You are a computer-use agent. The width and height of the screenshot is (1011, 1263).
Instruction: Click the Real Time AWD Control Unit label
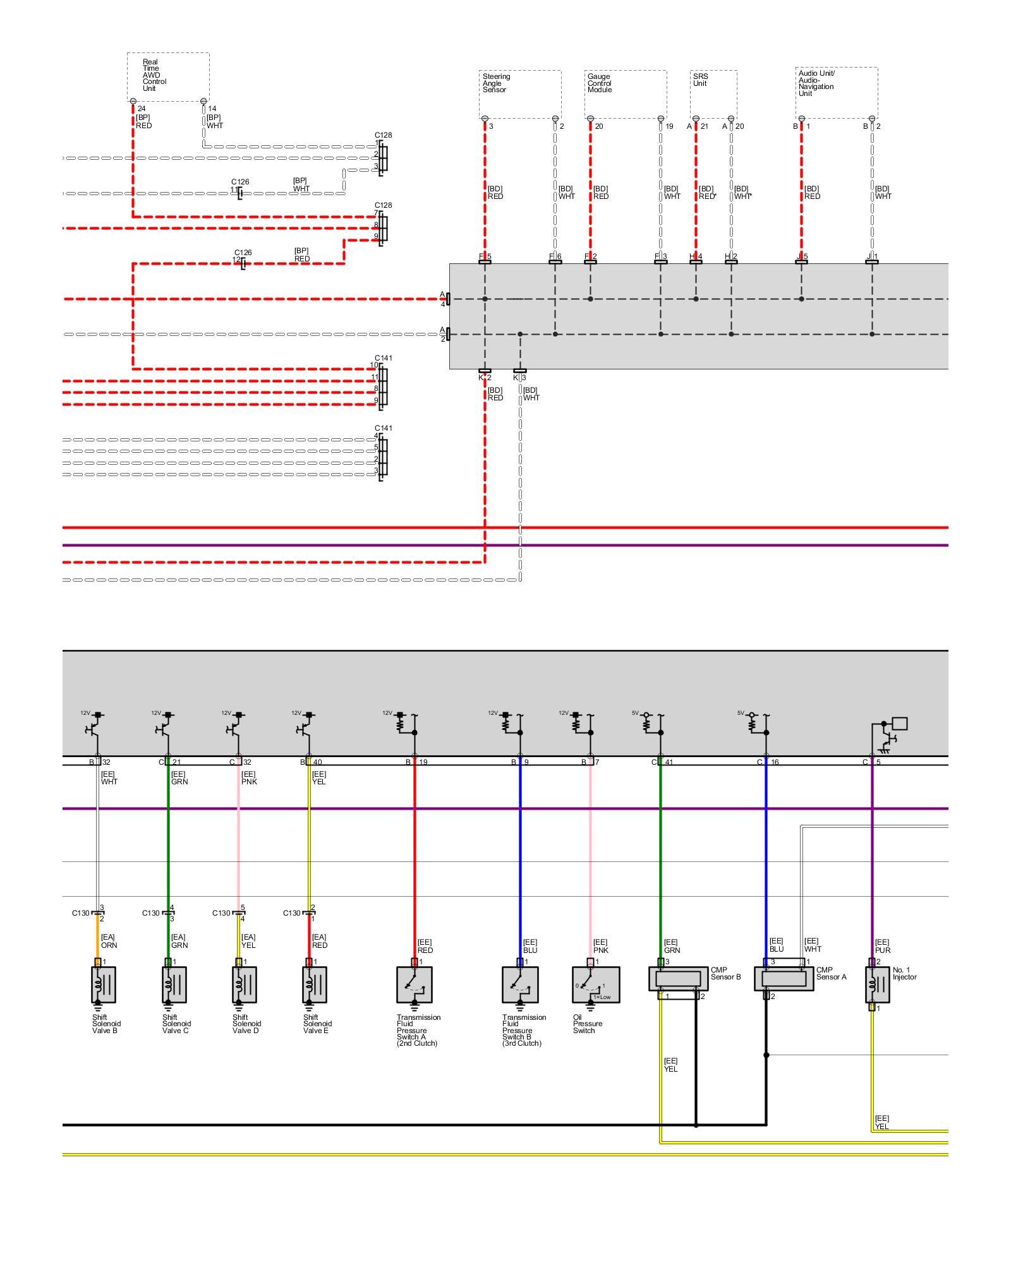click(154, 75)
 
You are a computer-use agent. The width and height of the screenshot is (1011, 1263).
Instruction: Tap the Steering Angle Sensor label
click(496, 83)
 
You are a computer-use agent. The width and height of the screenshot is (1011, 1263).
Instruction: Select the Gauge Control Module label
click(599, 83)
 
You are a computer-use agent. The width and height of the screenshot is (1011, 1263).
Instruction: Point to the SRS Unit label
click(700, 80)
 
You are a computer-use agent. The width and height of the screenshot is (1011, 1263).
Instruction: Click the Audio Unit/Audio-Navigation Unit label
click(816, 83)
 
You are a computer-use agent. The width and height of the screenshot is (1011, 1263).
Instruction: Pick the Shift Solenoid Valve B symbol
click(104, 986)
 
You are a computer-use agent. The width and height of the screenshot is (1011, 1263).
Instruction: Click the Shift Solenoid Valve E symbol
click(315, 986)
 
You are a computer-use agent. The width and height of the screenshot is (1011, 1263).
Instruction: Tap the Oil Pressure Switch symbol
click(595, 985)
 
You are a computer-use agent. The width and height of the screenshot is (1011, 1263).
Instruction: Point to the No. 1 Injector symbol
click(877, 985)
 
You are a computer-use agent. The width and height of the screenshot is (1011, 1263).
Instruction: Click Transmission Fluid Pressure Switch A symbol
click(415, 985)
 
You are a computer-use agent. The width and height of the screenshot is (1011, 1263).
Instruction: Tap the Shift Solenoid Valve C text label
click(175, 1024)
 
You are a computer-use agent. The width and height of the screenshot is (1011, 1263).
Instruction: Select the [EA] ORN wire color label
click(109, 941)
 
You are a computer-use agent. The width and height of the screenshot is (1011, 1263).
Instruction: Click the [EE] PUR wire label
click(883, 946)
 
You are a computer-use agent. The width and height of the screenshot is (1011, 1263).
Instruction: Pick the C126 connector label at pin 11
click(239, 182)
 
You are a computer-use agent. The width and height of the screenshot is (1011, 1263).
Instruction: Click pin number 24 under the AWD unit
click(141, 109)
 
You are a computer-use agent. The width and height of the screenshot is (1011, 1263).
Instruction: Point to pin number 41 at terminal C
click(669, 762)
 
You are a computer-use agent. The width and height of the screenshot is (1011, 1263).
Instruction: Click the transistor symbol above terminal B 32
click(93, 729)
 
